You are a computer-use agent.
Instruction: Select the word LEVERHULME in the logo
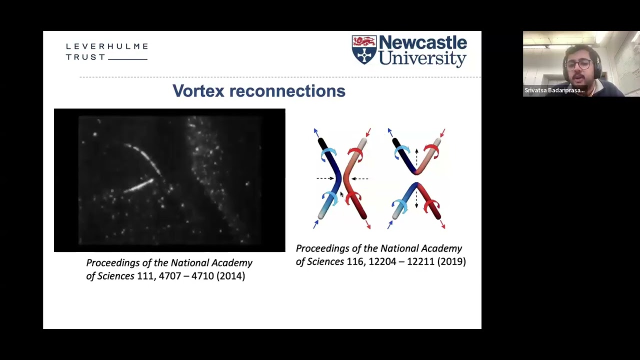(x=107, y=46)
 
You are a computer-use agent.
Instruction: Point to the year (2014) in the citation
(x=230, y=276)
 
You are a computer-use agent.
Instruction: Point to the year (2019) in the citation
(x=451, y=261)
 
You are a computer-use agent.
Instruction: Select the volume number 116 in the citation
(x=355, y=261)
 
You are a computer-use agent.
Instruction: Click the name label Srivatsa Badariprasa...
(x=554, y=90)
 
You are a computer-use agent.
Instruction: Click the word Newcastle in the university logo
(x=422, y=43)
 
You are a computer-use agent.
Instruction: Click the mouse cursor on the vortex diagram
(x=342, y=194)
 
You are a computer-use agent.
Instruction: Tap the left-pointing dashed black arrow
(x=359, y=178)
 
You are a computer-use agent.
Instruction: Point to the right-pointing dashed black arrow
(x=325, y=178)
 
